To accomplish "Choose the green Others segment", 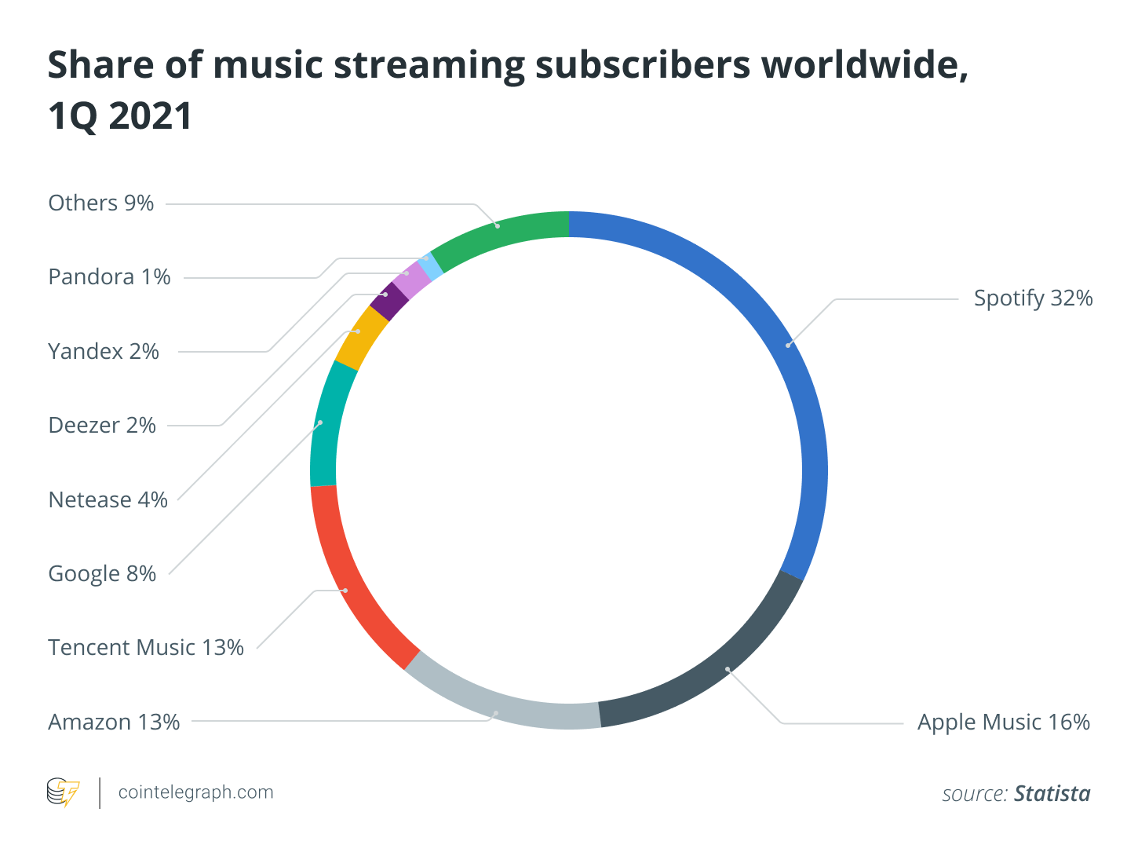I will pos(498,226).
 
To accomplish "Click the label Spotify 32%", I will pos(1033,298).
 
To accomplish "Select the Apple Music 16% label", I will pos(1004,722).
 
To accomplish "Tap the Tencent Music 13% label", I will pos(146,648).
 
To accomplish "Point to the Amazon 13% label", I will pos(115,722).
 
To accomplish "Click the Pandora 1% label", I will pos(109,277).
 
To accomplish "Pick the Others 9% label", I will pos(101,203).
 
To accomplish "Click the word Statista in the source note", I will pos(1052,794).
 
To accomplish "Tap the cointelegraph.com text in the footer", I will pos(195,792).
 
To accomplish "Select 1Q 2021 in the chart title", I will pos(120,116).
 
